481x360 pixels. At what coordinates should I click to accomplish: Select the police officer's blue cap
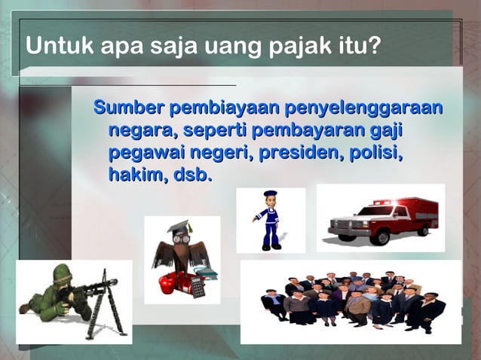click(x=270, y=194)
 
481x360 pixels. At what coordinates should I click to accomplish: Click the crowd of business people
click(x=351, y=301)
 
